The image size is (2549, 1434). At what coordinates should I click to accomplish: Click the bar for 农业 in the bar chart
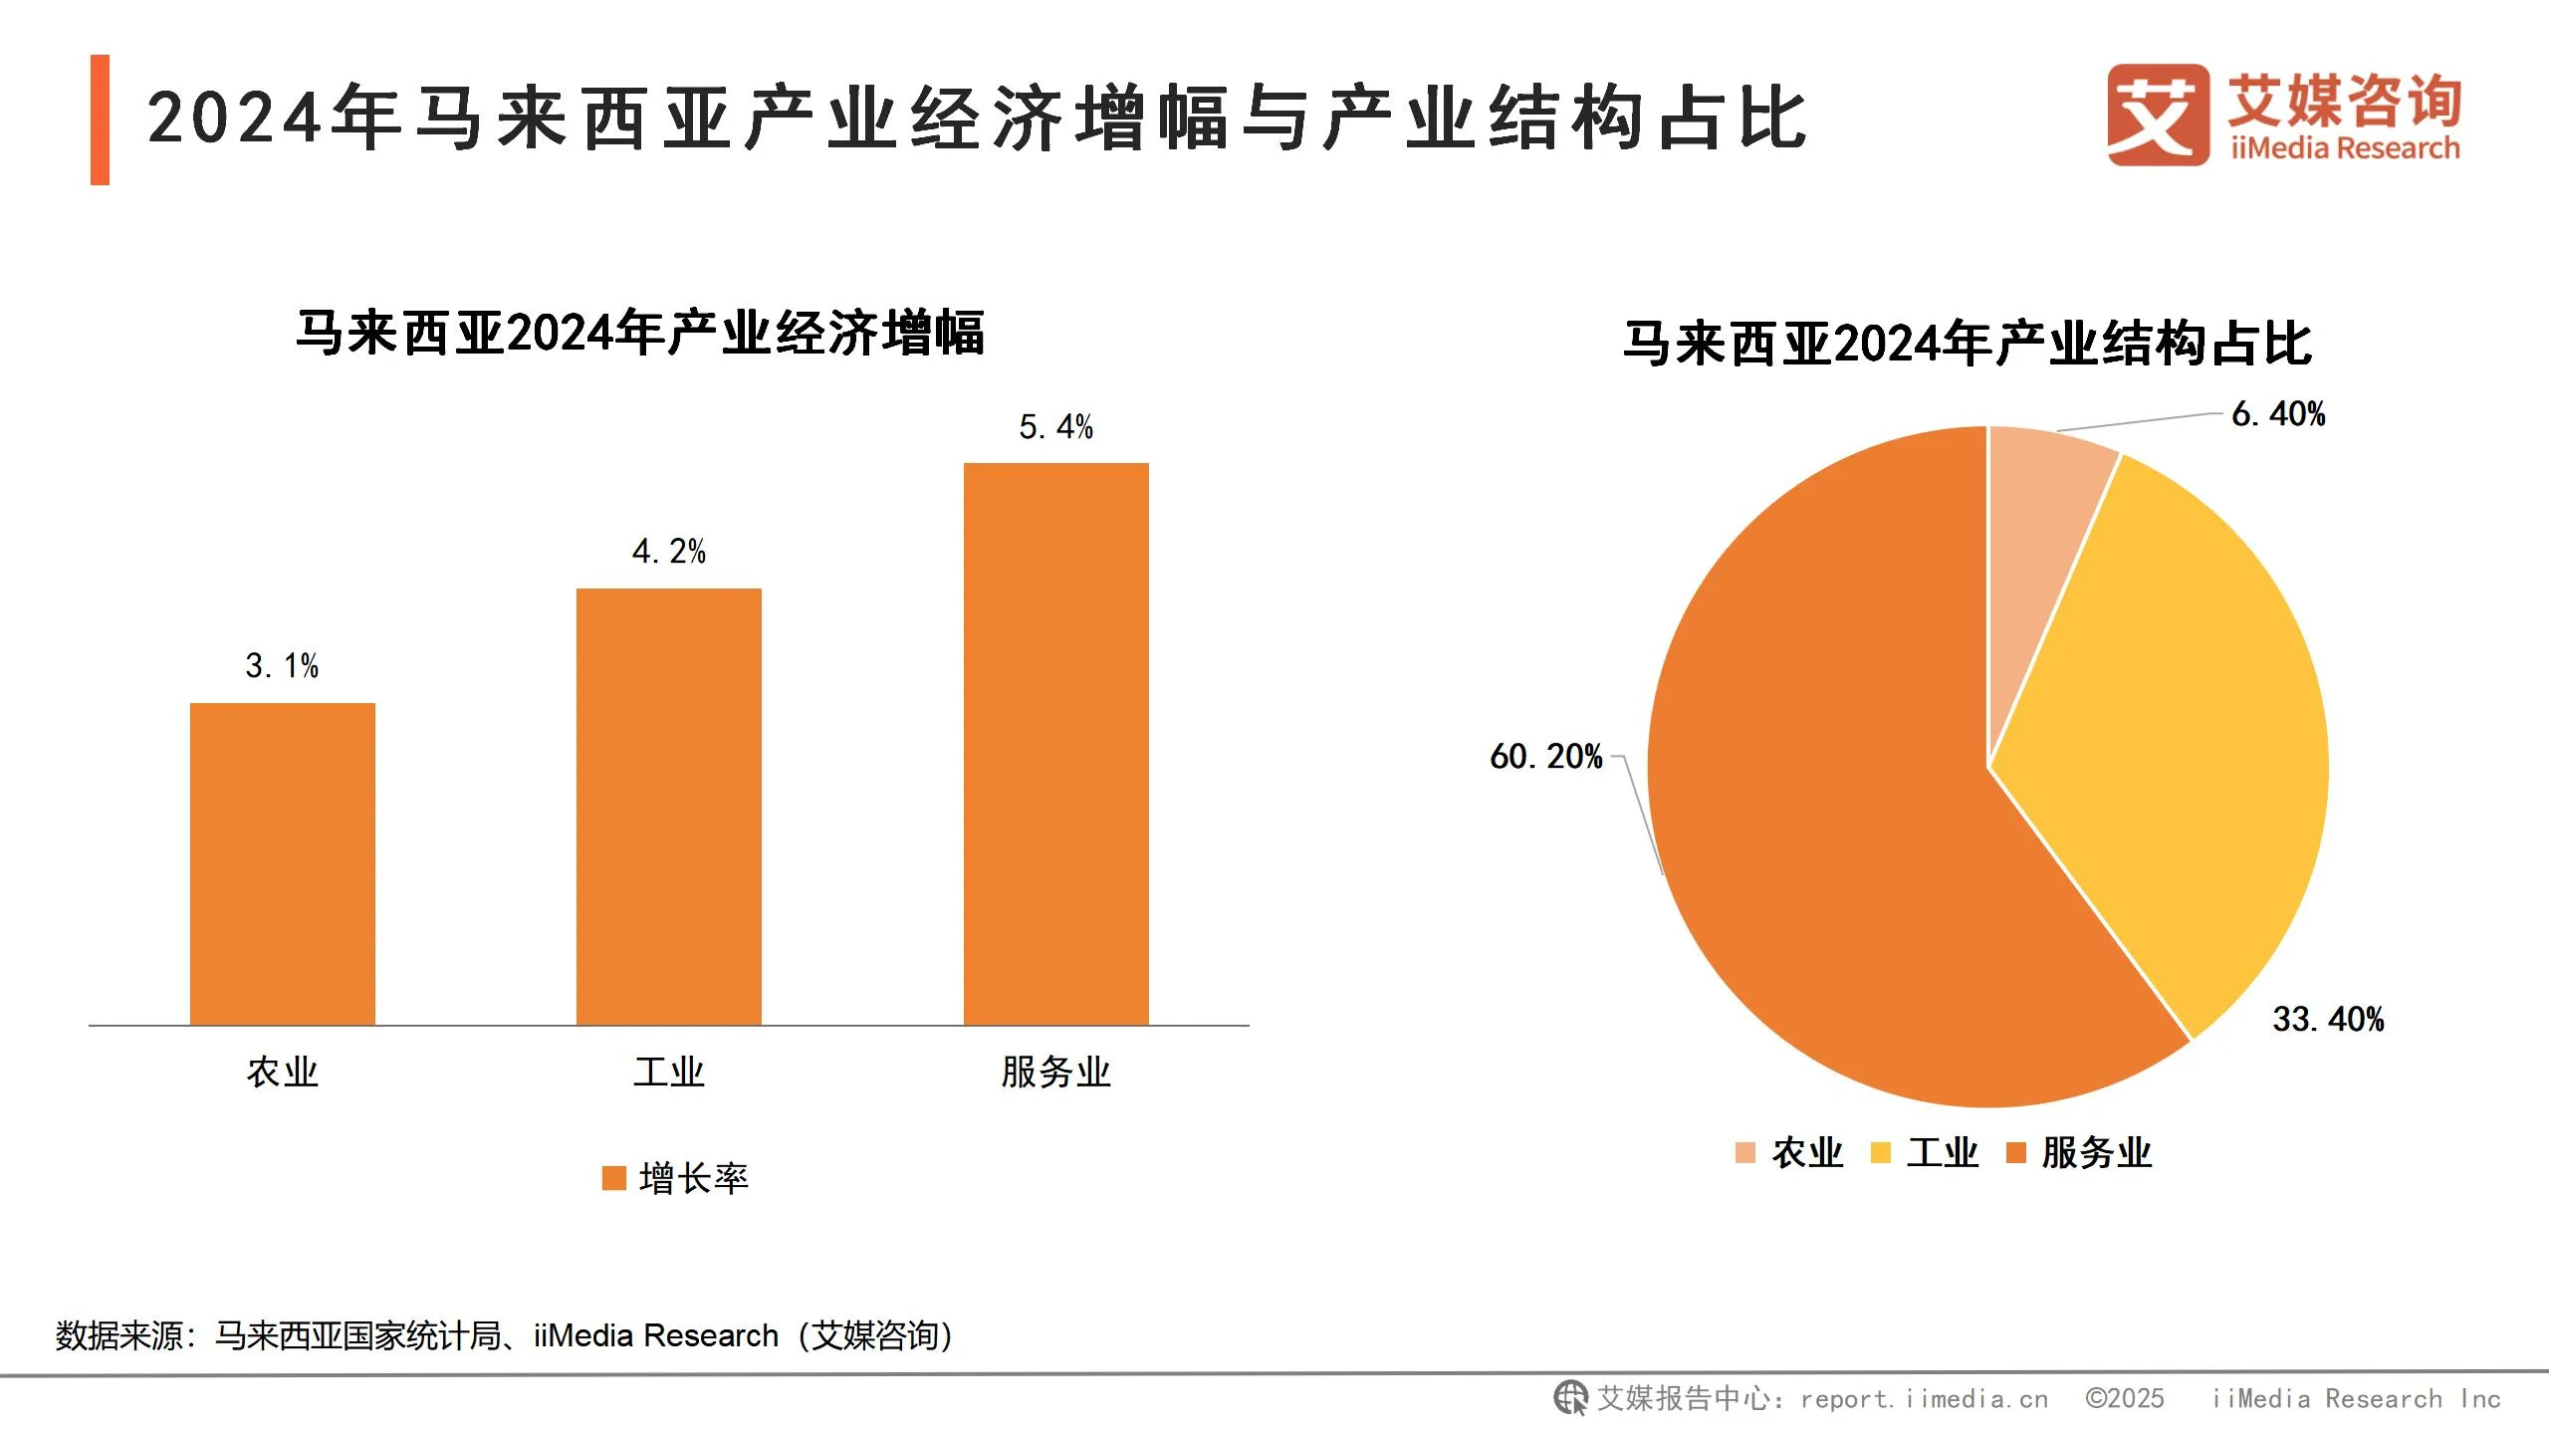click(x=283, y=863)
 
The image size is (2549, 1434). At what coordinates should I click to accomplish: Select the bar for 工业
click(x=669, y=806)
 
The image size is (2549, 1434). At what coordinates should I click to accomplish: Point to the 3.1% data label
click(x=282, y=665)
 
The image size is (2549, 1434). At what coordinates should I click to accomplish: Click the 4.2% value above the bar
click(x=669, y=551)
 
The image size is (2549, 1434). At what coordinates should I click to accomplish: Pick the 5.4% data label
click(x=1055, y=427)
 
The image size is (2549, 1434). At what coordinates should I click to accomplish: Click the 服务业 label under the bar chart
click(x=1055, y=1073)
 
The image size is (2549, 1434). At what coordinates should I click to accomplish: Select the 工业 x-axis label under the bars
click(x=669, y=1073)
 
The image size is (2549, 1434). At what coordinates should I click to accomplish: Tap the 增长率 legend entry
click(x=676, y=1178)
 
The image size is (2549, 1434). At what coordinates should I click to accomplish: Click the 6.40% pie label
click(x=2278, y=413)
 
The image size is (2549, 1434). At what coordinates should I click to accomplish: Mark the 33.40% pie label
click(x=2328, y=1019)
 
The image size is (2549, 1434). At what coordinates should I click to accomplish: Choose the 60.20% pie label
click(x=1545, y=757)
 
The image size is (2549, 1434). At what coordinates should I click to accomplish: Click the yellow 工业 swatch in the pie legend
click(x=1881, y=1152)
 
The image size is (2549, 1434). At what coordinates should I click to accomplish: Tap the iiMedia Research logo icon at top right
click(x=2157, y=115)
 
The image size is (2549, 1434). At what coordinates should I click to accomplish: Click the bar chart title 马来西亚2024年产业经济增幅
click(x=640, y=333)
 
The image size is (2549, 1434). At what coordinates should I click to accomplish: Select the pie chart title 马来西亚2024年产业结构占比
click(x=1967, y=344)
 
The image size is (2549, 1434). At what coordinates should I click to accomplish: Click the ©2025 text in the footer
click(x=2125, y=1399)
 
